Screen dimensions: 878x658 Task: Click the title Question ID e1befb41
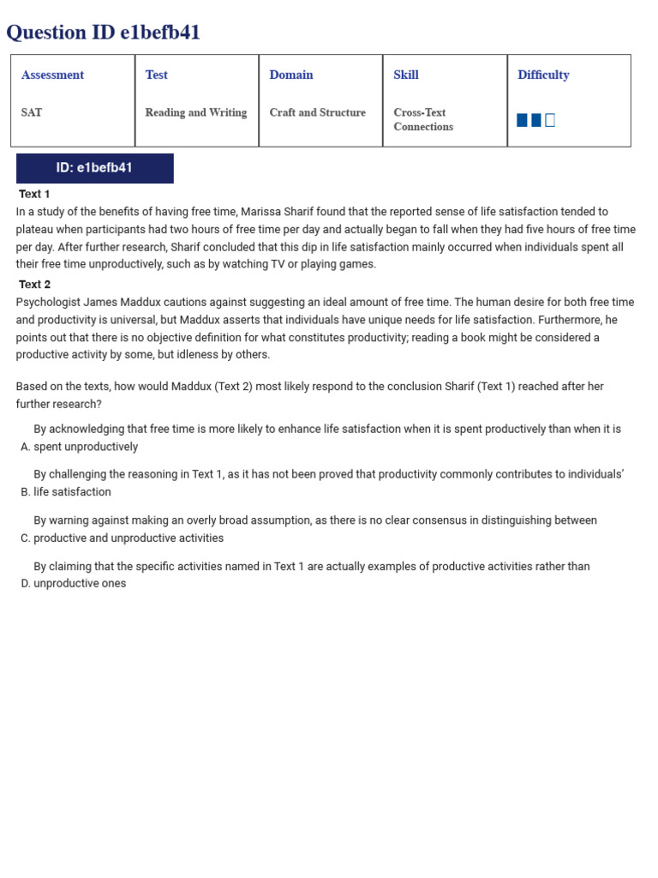(x=103, y=33)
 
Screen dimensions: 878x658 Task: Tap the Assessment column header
(x=52, y=75)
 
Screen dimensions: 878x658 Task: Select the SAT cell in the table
(x=32, y=112)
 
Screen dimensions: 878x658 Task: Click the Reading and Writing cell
(x=195, y=112)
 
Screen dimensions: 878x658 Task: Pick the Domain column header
(x=291, y=75)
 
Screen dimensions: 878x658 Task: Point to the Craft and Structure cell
(x=317, y=112)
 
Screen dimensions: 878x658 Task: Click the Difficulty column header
(x=543, y=75)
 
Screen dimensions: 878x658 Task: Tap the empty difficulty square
(x=550, y=120)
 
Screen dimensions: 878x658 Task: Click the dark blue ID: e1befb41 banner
(x=94, y=168)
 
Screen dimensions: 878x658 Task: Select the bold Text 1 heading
(x=34, y=194)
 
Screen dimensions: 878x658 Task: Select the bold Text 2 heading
(x=34, y=285)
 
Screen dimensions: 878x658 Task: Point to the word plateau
(x=36, y=230)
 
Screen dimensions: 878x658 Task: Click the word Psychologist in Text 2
(x=48, y=303)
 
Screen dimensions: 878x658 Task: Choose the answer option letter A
(x=25, y=447)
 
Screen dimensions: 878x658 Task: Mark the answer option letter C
(x=25, y=538)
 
